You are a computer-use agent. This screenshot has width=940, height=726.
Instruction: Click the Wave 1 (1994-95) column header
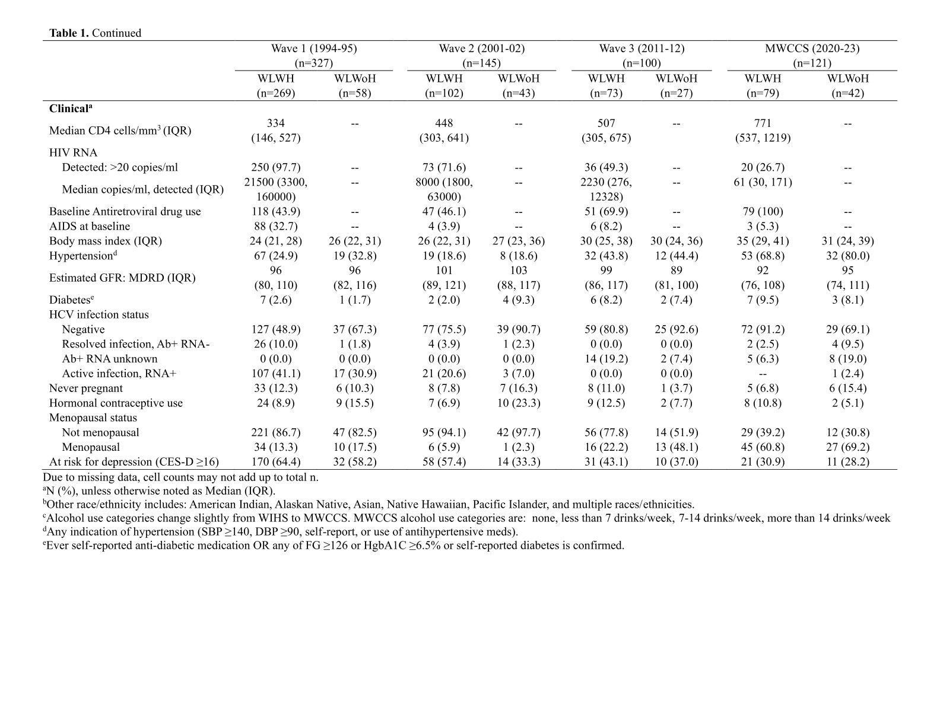point(314,49)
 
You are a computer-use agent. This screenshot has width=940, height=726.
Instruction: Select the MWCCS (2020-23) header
point(812,49)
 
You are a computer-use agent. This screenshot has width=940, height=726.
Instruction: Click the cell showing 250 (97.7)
point(275,167)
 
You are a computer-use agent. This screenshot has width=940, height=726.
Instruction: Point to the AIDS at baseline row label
point(89,226)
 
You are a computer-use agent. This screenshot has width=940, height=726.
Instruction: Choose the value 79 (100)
point(763,211)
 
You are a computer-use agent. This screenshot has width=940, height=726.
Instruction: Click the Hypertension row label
point(81,256)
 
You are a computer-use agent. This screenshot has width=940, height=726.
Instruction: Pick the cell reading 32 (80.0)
point(847,256)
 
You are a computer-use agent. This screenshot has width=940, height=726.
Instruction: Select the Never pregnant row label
point(85,388)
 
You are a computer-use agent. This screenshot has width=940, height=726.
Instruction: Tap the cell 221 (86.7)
point(275,432)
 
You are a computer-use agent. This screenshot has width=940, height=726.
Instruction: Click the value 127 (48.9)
point(275,329)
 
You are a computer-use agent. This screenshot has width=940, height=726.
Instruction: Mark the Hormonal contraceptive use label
point(116,403)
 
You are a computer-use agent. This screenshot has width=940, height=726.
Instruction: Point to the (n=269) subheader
point(275,93)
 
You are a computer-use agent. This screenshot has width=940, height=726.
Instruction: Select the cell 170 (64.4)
point(275,461)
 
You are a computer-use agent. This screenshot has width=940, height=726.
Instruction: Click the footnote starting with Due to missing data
point(180,477)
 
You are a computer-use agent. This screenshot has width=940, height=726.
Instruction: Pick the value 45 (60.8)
point(763,447)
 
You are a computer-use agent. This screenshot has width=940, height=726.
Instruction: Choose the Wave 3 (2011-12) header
point(641,49)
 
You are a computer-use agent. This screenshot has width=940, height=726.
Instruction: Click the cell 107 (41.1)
point(275,373)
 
